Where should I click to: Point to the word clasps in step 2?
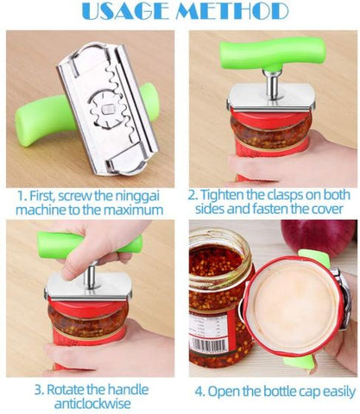(x=293, y=196)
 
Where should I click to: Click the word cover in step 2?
(x=328, y=210)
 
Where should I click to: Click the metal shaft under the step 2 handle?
(x=272, y=85)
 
